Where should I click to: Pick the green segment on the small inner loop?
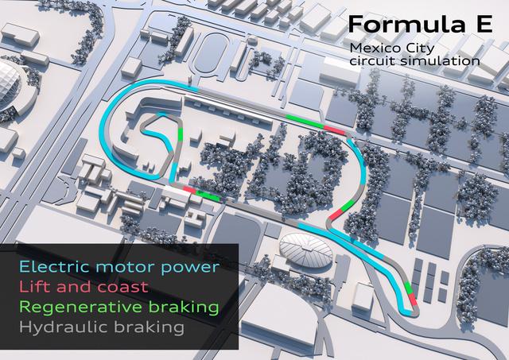click(x=181, y=134)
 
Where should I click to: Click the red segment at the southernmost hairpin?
click(x=412, y=299)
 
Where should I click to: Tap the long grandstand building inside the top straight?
click(x=239, y=103)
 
